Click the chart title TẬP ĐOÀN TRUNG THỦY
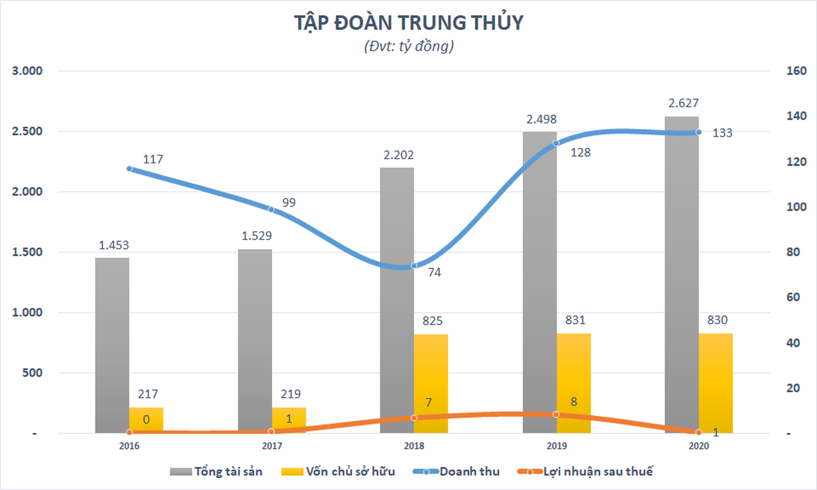408,23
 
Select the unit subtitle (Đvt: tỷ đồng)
408,46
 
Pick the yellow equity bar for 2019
573,383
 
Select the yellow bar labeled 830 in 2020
716,383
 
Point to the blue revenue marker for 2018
414,266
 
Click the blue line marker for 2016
129,169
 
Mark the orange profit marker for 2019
556,414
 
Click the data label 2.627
683,103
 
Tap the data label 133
722,133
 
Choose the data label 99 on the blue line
289,202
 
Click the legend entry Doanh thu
469,472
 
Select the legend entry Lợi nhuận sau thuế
597,472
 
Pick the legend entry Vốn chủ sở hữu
350,472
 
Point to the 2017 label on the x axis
272,446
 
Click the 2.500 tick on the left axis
27,131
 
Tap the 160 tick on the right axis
796,71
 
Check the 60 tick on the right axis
793,297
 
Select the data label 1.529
256,236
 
